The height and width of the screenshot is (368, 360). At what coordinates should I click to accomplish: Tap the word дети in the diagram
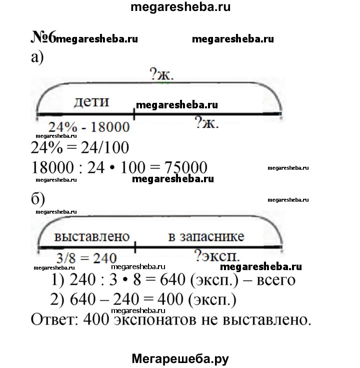91,102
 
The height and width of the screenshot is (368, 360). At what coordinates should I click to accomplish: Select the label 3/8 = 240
85,258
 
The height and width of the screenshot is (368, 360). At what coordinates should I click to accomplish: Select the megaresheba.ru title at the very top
180,7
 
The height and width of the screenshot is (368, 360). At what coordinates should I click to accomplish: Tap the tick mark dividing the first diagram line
133,114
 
